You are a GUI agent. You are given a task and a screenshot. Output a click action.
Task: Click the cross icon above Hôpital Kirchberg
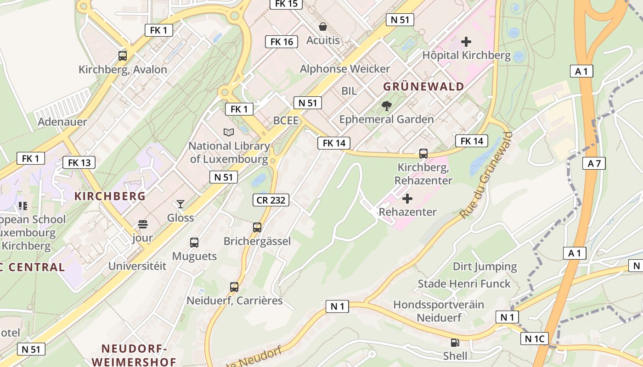(466, 42)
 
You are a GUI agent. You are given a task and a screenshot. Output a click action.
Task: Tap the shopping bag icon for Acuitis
(323, 26)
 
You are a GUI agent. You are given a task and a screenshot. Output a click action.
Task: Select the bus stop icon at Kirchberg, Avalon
(123, 56)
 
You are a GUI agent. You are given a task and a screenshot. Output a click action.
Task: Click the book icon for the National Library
(229, 132)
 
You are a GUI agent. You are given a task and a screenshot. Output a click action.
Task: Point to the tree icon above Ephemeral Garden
(387, 106)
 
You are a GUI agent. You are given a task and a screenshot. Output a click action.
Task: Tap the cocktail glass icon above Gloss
(180, 204)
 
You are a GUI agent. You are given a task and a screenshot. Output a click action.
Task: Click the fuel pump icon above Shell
(455, 342)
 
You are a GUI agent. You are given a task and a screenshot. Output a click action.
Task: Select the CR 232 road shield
(271, 200)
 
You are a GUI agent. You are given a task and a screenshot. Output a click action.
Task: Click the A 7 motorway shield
(594, 163)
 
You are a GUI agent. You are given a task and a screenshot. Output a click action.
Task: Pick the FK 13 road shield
(79, 162)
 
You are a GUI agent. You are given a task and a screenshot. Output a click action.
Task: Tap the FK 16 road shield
(282, 42)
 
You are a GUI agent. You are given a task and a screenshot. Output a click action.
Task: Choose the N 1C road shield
(535, 339)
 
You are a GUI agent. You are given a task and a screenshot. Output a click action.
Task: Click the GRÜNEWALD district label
(423, 87)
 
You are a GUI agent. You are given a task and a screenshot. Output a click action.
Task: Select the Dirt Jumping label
(485, 267)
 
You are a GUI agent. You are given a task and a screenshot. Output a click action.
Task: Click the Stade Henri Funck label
(464, 284)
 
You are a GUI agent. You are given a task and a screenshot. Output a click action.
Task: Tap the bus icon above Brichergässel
(257, 228)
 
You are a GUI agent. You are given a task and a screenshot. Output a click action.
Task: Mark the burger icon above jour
(143, 224)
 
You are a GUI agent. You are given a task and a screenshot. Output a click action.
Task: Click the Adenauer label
(62, 122)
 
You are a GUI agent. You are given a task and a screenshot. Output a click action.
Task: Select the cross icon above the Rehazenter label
(407, 199)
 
